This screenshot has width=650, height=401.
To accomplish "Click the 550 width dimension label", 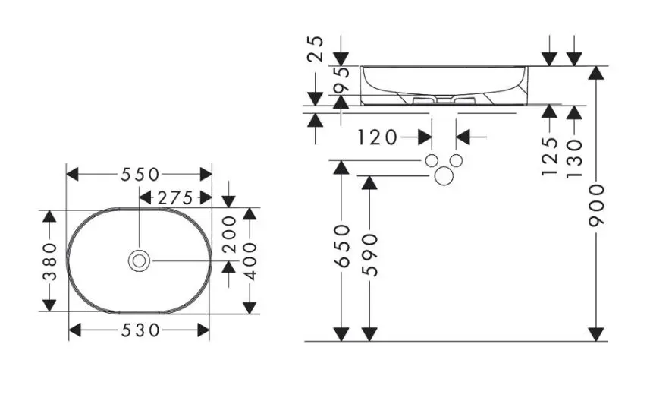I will [x=140, y=174].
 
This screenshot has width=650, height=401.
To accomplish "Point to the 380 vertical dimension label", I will [x=50, y=260].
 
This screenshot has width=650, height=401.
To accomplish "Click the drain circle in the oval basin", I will [x=139, y=260].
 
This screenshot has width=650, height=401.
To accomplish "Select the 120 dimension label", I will [x=378, y=137].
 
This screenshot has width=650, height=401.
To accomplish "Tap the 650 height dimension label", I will [x=342, y=245].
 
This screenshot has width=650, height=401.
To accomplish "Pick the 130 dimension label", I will [x=574, y=156].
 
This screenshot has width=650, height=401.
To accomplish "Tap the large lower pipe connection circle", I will [x=444, y=176].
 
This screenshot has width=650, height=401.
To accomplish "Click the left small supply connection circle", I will [x=432, y=161].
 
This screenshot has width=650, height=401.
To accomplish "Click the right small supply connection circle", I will [x=457, y=161].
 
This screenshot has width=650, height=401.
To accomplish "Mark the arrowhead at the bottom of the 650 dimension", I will [x=342, y=333].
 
